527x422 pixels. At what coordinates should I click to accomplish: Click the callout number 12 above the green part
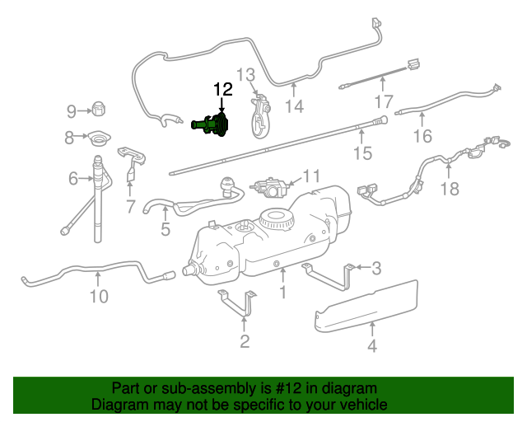pos(223,90)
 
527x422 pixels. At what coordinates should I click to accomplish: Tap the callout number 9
pos(72,110)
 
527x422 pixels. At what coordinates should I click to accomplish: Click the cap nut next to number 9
pos(98,108)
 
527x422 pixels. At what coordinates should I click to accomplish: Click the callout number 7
pos(130,206)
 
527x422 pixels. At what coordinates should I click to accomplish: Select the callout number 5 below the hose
pos(166,230)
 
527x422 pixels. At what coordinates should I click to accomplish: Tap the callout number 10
pos(99,296)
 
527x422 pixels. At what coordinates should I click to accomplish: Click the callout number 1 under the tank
pos(282,292)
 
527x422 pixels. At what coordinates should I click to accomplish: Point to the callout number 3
pos(375,267)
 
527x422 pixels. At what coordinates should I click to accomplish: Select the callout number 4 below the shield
pos(372,346)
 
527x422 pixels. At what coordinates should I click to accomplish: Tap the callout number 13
pos(248,77)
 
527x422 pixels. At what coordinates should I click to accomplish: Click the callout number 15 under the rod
pos(362,153)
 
